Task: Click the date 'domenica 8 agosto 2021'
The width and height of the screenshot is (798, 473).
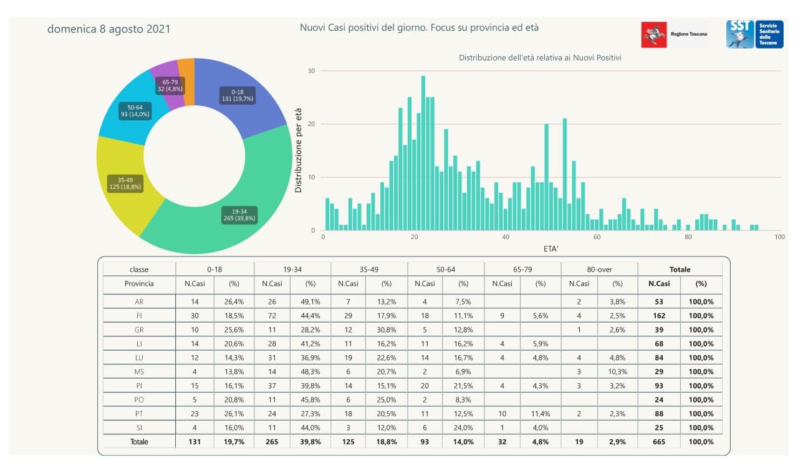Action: pyautogui.click(x=108, y=29)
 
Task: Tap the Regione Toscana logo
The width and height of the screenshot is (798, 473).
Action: pyautogui.click(x=675, y=34)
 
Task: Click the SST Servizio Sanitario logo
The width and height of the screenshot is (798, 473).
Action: pyautogui.click(x=754, y=34)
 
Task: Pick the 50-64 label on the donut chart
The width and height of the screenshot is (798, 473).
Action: pyautogui.click(x=135, y=111)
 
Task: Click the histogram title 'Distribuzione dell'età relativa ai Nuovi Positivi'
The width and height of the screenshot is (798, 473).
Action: pyautogui.click(x=540, y=57)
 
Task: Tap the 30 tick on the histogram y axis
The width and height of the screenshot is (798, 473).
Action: pyautogui.click(x=311, y=71)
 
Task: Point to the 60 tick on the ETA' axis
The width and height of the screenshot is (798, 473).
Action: pyautogui.click(x=597, y=237)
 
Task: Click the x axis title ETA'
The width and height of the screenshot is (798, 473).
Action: pyautogui.click(x=551, y=249)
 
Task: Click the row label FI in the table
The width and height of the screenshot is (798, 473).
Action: pyautogui.click(x=139, y=316)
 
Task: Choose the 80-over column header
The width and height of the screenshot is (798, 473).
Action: pyautogui.click(x=599, y=270)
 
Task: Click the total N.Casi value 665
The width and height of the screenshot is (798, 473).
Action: pyautogui.click(x=659, y=442)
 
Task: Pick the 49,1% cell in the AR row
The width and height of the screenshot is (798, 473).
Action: pyautogui.click(x=310, y=301)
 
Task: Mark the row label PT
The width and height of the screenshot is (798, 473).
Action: pyautogui.click(x=139, y=414)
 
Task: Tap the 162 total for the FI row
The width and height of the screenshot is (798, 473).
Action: pyautogui.click(x=659, y=316)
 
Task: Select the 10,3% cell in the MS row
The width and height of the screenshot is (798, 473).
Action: pyautogui.click(x=617, y=371)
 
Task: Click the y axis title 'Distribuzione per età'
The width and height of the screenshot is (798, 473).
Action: pyautogui.click(x=299, y=150)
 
